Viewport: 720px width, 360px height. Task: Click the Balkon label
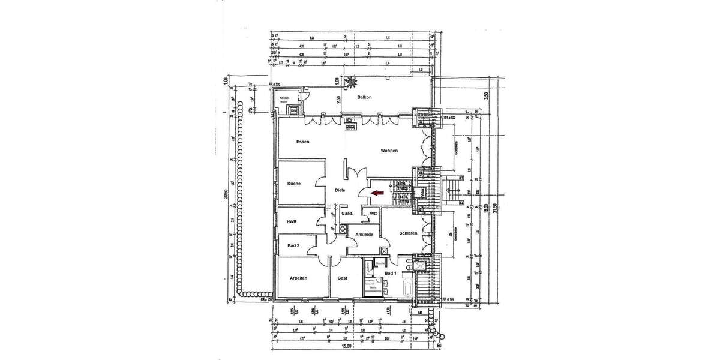365,97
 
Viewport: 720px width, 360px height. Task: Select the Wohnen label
389,151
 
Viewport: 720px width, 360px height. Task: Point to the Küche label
293,184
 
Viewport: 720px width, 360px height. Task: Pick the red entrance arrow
377,193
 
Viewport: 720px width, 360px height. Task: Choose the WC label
373,213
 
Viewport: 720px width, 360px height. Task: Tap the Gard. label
347,214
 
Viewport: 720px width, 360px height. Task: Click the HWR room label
292,222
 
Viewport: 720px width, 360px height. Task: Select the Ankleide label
364,235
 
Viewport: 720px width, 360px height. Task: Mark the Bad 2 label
293,245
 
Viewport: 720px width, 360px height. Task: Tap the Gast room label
343,278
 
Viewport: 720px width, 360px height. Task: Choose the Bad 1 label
391,274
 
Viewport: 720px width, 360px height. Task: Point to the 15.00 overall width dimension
346,346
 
